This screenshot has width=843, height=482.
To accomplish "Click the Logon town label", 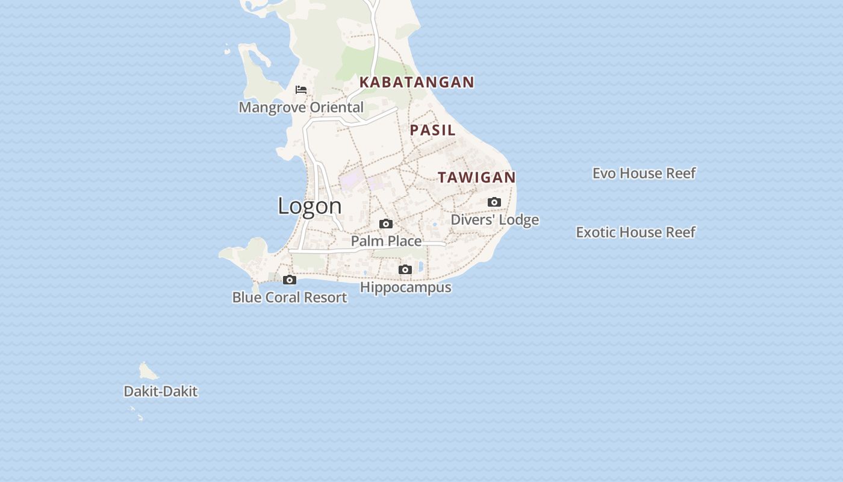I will point(310,206).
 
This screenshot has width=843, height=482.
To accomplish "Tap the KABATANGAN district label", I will point(417,82).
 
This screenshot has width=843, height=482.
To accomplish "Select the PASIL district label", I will point(432,130).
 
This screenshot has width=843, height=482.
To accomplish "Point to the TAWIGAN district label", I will point(476,177).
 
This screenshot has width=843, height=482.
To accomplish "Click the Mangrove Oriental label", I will point(301,107).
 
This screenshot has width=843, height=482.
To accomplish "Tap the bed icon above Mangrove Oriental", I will point(301,90).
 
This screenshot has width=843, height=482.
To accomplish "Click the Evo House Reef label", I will point(644,173).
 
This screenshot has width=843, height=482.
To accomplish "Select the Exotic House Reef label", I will point(635,232).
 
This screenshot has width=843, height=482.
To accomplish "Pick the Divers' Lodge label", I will point(494,220).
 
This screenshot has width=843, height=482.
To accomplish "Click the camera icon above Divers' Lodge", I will point(494,202).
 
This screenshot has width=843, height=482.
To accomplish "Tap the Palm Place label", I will point(386,241).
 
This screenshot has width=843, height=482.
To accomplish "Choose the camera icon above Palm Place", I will point(386,224).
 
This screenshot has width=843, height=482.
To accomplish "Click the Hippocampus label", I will point(405,287).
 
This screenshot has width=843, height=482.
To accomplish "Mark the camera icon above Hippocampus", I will point(405,269).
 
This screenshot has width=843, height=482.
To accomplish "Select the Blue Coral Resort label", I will point(290,297).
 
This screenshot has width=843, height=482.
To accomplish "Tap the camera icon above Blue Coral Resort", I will point(290,280).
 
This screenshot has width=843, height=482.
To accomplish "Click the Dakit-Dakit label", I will point(160,392).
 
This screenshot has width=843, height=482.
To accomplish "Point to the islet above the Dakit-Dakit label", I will point(146,370).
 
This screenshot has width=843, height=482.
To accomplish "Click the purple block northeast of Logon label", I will point(352,180).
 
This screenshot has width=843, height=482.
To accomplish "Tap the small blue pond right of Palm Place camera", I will point(435,225).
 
